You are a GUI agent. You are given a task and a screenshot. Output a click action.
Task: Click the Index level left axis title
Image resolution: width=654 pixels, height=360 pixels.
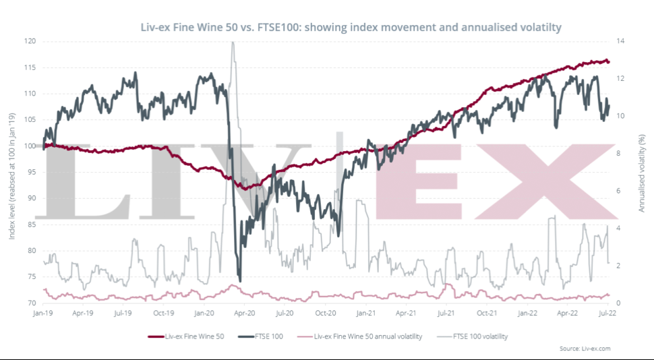pos(13,172)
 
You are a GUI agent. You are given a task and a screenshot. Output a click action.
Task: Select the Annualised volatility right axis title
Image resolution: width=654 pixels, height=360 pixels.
pos(642,172)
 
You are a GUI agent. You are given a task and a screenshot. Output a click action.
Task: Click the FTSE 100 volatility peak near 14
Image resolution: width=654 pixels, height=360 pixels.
pos(233,42)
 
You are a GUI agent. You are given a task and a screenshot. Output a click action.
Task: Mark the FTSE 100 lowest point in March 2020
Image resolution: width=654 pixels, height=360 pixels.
pos(240,280)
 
